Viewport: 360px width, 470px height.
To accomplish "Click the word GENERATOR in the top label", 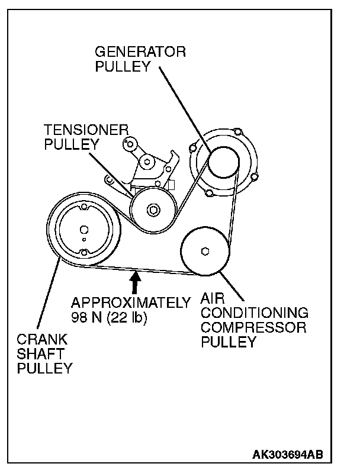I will (140, 53).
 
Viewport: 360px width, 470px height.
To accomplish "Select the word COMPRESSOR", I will (253, 328).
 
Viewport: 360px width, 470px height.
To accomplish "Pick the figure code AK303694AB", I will (288, 455).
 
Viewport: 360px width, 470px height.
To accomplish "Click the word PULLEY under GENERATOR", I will (123, 67).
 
